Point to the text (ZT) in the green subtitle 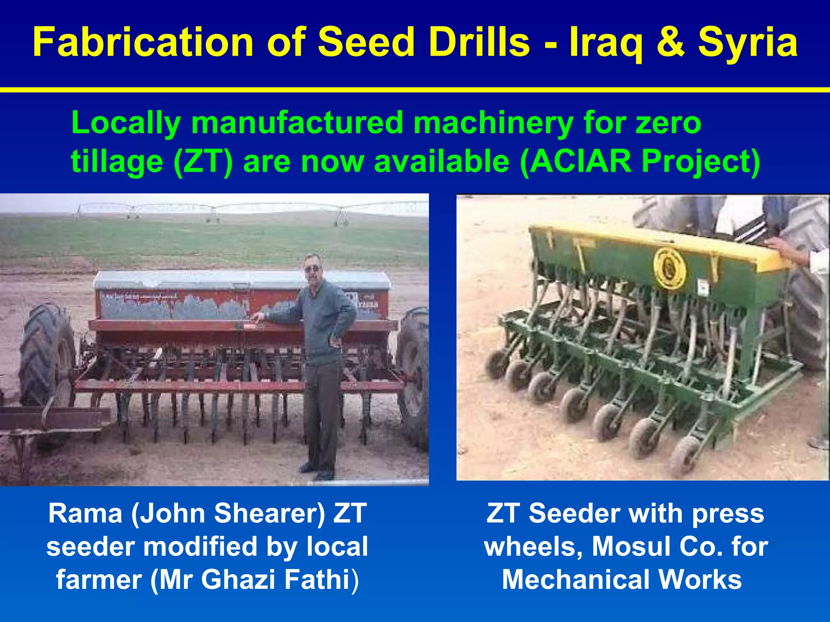203,161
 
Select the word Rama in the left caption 85,513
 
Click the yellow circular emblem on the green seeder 670,268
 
